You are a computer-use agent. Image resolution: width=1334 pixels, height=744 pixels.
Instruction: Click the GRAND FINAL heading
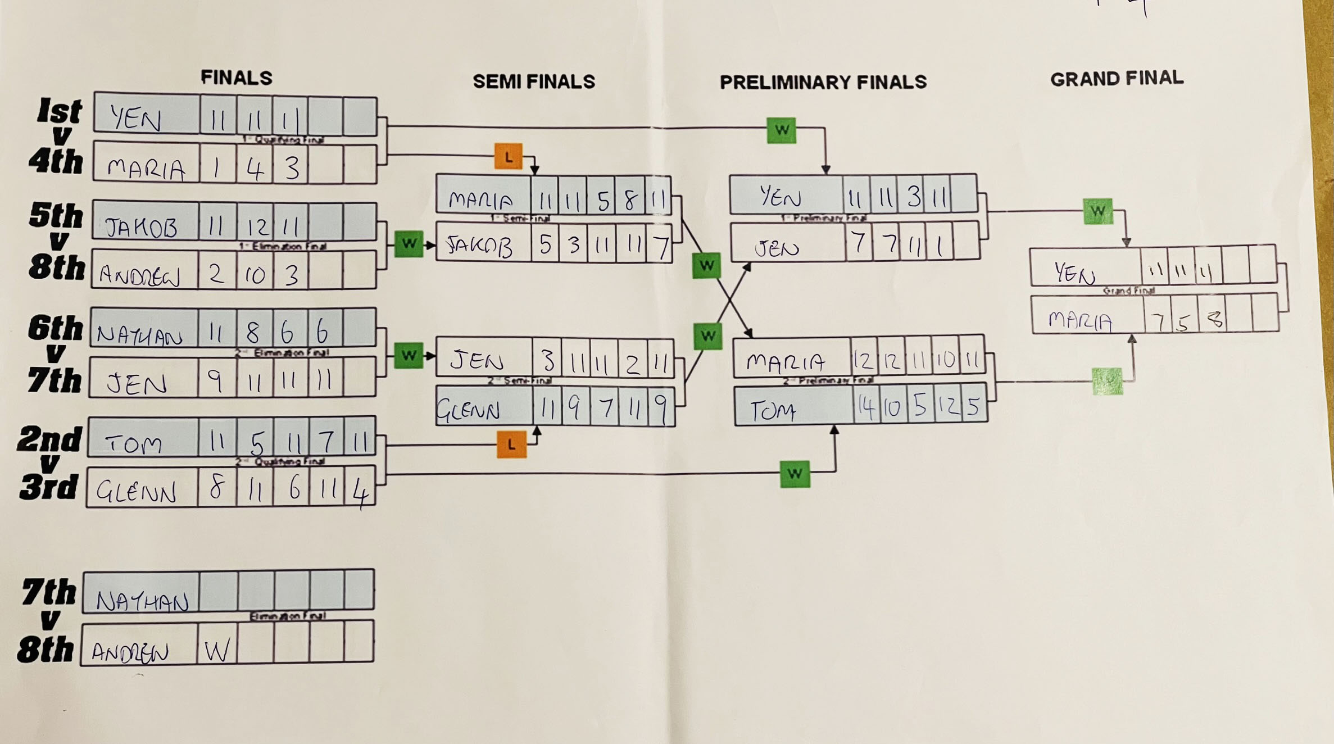(1117, 79)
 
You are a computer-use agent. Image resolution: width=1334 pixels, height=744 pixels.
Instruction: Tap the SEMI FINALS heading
(533, 82)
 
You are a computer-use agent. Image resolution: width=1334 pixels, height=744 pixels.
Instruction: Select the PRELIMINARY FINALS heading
(823, 83)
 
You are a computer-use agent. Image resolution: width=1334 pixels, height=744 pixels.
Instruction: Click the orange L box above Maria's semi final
(509, 157)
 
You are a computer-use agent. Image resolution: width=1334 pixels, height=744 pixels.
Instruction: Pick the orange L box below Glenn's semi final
(511, 444)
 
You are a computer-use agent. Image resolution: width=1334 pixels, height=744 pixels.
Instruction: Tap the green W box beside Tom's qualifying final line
(795, 473)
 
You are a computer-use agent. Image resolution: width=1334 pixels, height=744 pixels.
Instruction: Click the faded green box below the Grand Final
(1107, 381)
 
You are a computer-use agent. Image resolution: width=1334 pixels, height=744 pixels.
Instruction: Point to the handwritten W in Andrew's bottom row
(217, 651)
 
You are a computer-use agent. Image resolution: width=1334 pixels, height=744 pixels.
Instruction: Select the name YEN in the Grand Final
(1074, 273)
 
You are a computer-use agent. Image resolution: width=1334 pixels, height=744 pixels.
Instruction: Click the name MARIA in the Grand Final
(1080, 320)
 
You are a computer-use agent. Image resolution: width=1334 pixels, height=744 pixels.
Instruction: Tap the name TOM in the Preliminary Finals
(773, 411)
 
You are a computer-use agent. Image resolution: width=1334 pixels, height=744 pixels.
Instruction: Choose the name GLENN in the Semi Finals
(468, 411)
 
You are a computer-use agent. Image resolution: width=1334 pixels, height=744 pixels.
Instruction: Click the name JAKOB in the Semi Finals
(479, 246)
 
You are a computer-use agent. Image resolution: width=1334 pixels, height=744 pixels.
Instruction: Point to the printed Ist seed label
(60, 111)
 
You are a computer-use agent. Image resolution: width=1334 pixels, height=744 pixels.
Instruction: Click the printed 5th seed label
(56, 215)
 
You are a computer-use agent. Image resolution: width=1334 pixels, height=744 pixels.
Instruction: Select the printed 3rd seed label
(48, 487)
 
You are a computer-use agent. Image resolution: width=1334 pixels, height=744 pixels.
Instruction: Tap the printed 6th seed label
(55, 328)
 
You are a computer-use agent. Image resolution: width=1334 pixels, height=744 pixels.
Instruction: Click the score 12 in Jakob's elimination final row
(256, 226)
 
